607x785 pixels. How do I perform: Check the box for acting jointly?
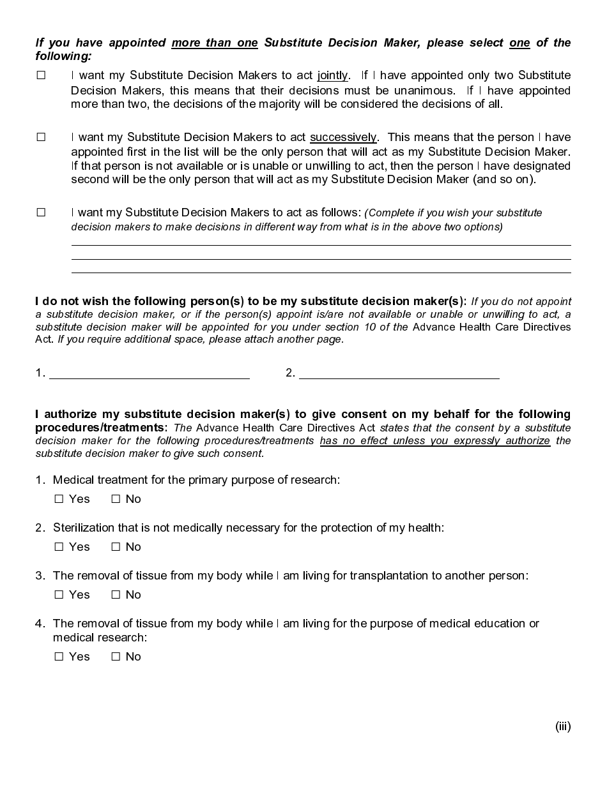41,75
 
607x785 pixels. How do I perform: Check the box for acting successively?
41,137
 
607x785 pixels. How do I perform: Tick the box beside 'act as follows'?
41,213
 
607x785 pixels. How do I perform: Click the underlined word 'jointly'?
332,75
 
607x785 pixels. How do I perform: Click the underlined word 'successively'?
343,137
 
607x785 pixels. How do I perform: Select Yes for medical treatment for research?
59,499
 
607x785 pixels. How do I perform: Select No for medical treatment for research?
116,499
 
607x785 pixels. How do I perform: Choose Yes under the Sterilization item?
59,547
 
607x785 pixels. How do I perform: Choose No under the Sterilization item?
116,547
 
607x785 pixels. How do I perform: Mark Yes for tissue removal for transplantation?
59,595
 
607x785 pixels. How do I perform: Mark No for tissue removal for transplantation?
116,595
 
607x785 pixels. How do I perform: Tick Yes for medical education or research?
59,657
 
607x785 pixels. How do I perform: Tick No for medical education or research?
116,657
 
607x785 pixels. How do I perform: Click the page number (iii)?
562,726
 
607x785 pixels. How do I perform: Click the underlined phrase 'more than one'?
215,43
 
